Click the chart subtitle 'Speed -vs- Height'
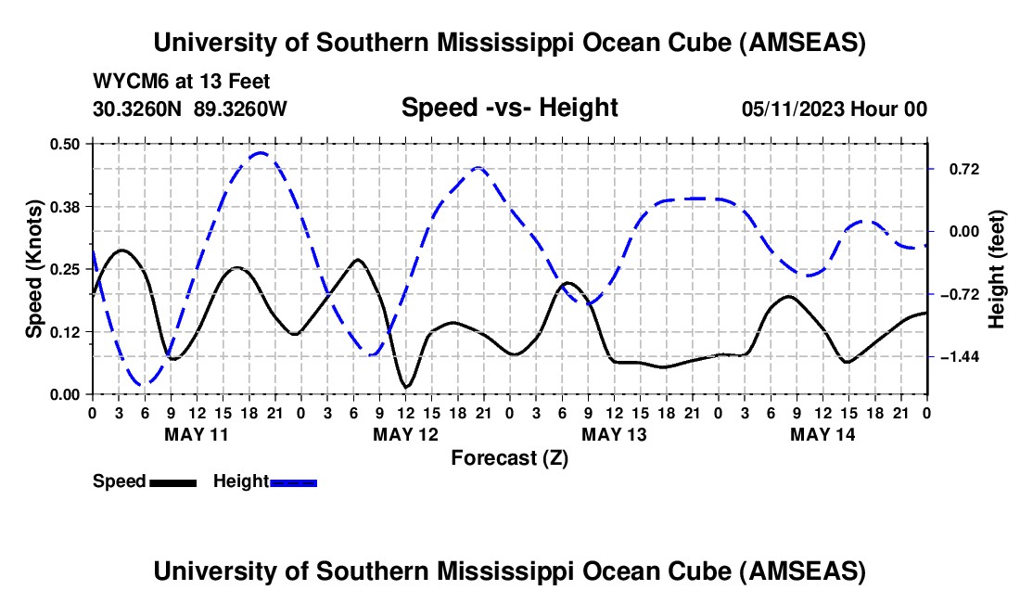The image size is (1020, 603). coord(509,108)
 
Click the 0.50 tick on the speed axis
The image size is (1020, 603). coord(67,143)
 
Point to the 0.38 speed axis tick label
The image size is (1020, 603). coord(67,205)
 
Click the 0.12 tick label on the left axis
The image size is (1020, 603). coord(67,331)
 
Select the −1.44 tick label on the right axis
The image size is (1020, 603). coord(956,356)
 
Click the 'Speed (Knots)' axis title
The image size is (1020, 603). coord(34,269)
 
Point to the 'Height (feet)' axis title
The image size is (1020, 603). coord(998,269)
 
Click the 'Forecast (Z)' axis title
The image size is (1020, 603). coord(509,457)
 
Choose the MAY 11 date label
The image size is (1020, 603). coord(196,433)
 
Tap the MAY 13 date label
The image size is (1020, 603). coord(614,433)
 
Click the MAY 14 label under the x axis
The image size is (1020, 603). coord(822,433)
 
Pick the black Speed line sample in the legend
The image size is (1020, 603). coord(172,481)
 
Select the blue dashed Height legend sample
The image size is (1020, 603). coord(293,481)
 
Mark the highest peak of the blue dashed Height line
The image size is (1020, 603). coord(261,153)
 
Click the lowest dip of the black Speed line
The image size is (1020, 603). coord(405,386)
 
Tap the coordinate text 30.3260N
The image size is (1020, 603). coord(140,109)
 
